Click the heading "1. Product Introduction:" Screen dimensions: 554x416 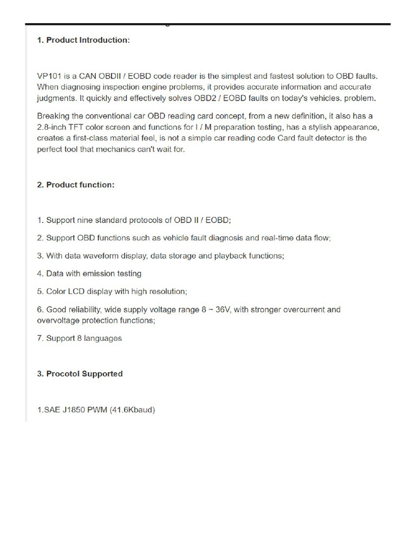coord(83,41)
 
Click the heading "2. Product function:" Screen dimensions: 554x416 coord(76,184)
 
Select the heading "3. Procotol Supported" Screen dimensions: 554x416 coord(80,374)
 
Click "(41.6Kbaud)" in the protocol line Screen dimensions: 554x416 coord(132,410)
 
